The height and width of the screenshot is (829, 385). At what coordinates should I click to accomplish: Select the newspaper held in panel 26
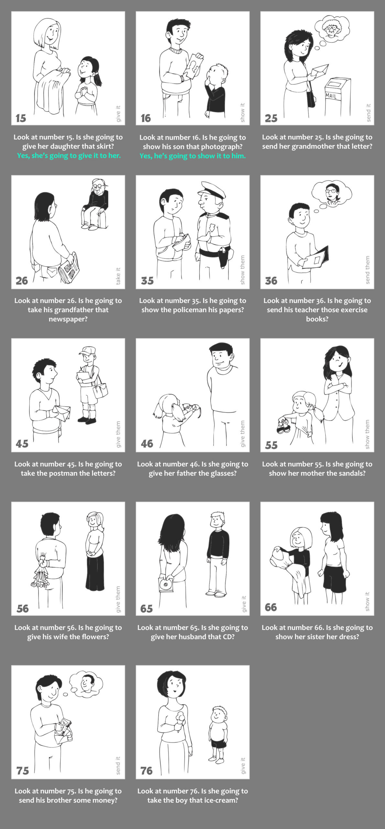click(x=69, y=267)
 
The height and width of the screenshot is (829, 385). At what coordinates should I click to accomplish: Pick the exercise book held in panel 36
click(x=315, y=257)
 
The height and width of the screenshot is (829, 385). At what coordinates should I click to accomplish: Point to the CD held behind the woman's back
click(x=166, y=584)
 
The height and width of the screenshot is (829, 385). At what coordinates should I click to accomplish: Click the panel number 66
click(x=271, y=607)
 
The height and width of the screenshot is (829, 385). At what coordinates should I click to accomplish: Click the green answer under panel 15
click(x=69, y=156)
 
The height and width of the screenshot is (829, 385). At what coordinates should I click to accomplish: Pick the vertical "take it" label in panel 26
click(x=118, y=276)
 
